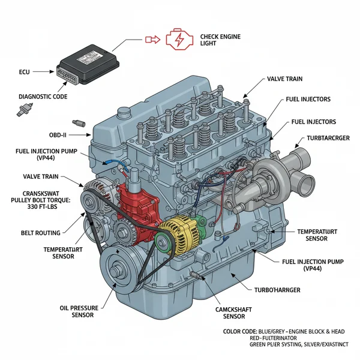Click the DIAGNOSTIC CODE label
[43, 97]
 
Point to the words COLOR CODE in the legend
[238, 331]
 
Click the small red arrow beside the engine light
[152, 40]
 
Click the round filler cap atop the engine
[124, 112]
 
